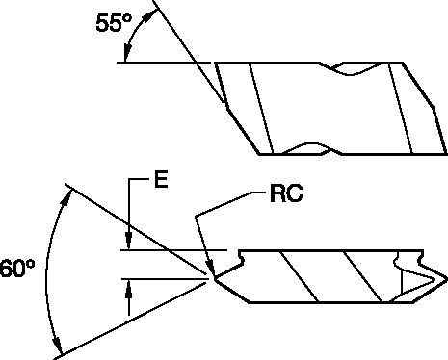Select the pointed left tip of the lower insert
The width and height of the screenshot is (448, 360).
coord(212,279)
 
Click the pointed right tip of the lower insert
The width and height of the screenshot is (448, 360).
coord(444,278)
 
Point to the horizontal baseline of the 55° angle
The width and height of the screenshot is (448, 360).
coord(164,64)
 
